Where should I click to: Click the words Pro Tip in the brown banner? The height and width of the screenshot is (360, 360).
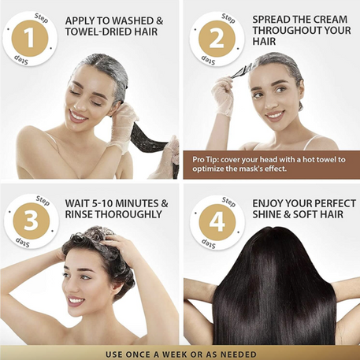point(207,160)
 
